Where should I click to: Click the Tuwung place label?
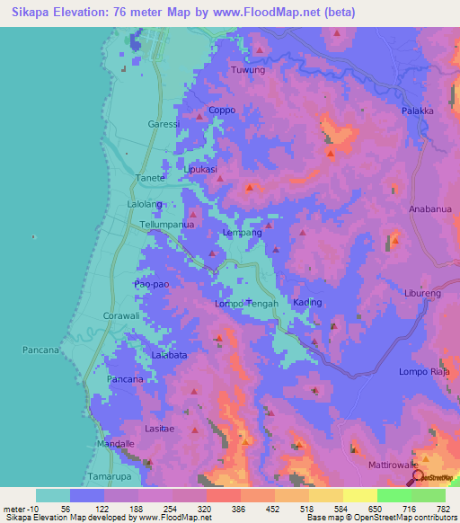tap(248, 69)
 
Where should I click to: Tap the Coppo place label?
tap(221, 110)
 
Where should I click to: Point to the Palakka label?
tap(418, 111)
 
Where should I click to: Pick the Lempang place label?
tap(242, 233)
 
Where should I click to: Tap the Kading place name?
tap(307, 302)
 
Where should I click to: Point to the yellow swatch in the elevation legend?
tap(359, 495)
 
